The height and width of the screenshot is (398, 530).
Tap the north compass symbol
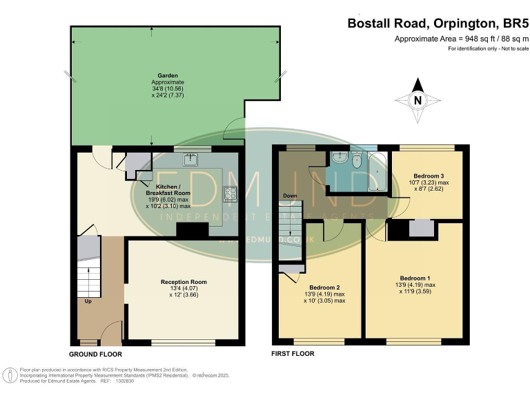tap(416, 99)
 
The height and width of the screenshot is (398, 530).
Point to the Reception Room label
tap(184, 282)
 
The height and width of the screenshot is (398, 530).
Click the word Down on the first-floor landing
tap(290, 196)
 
